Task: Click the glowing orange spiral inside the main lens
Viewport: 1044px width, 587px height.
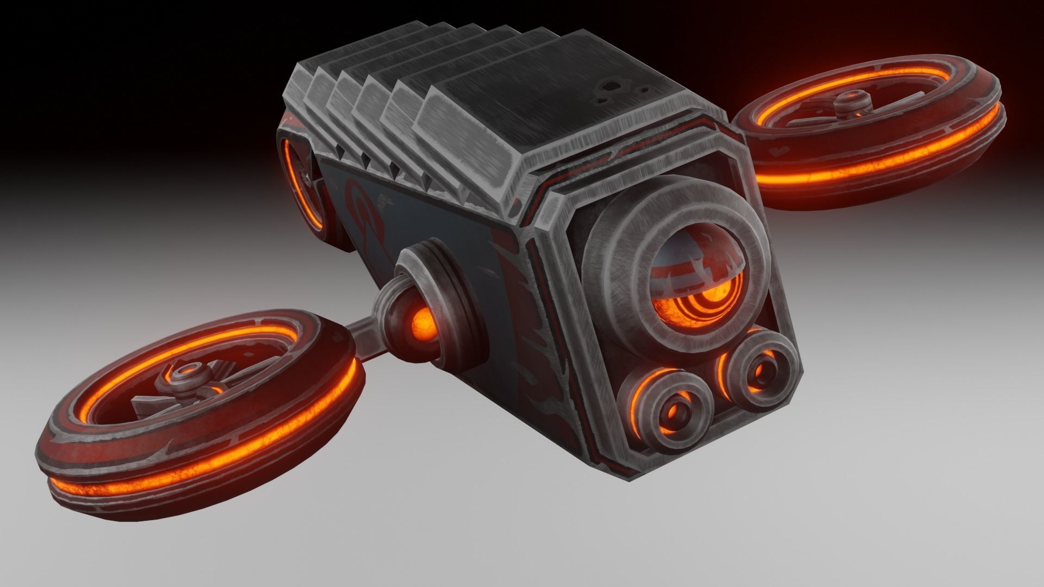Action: coord(701,302)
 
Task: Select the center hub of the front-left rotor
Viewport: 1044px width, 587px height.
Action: coord(188,376)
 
